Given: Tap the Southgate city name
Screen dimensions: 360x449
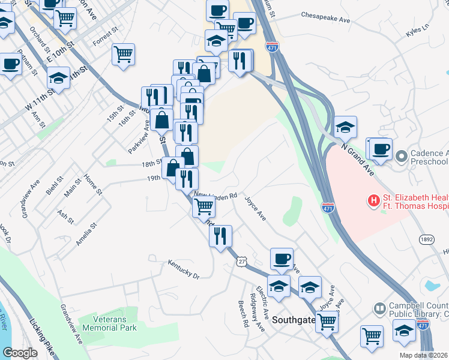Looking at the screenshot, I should coord(294,320).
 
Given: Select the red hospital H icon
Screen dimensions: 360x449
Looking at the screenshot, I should coord(374,200).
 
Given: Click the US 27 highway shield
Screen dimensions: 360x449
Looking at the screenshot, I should coord(241,262).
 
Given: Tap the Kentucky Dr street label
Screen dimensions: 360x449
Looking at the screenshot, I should coord(183,269).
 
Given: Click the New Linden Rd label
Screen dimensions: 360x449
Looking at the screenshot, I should coord(216,196).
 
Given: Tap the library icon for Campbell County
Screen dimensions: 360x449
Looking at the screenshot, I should coord(379,309).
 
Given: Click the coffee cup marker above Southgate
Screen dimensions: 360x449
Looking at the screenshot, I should coord(282,259).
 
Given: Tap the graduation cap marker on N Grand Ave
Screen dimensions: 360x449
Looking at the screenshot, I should coord(345,127).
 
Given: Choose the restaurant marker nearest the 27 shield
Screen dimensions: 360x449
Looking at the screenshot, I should coord(220,235).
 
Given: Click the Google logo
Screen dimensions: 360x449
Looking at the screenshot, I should coord(20,353).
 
